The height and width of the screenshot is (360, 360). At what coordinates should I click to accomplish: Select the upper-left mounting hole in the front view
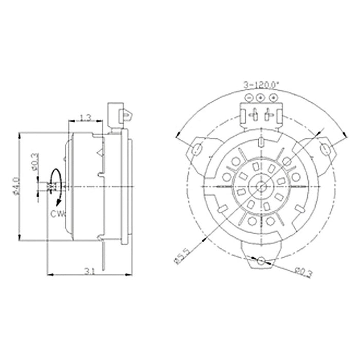click(196, 149)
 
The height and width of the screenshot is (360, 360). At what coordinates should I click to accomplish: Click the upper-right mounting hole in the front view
click(325, 149)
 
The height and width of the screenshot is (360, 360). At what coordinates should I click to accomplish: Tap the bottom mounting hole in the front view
click(261, 261)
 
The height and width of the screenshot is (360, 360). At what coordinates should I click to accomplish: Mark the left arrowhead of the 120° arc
click(178, 136)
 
